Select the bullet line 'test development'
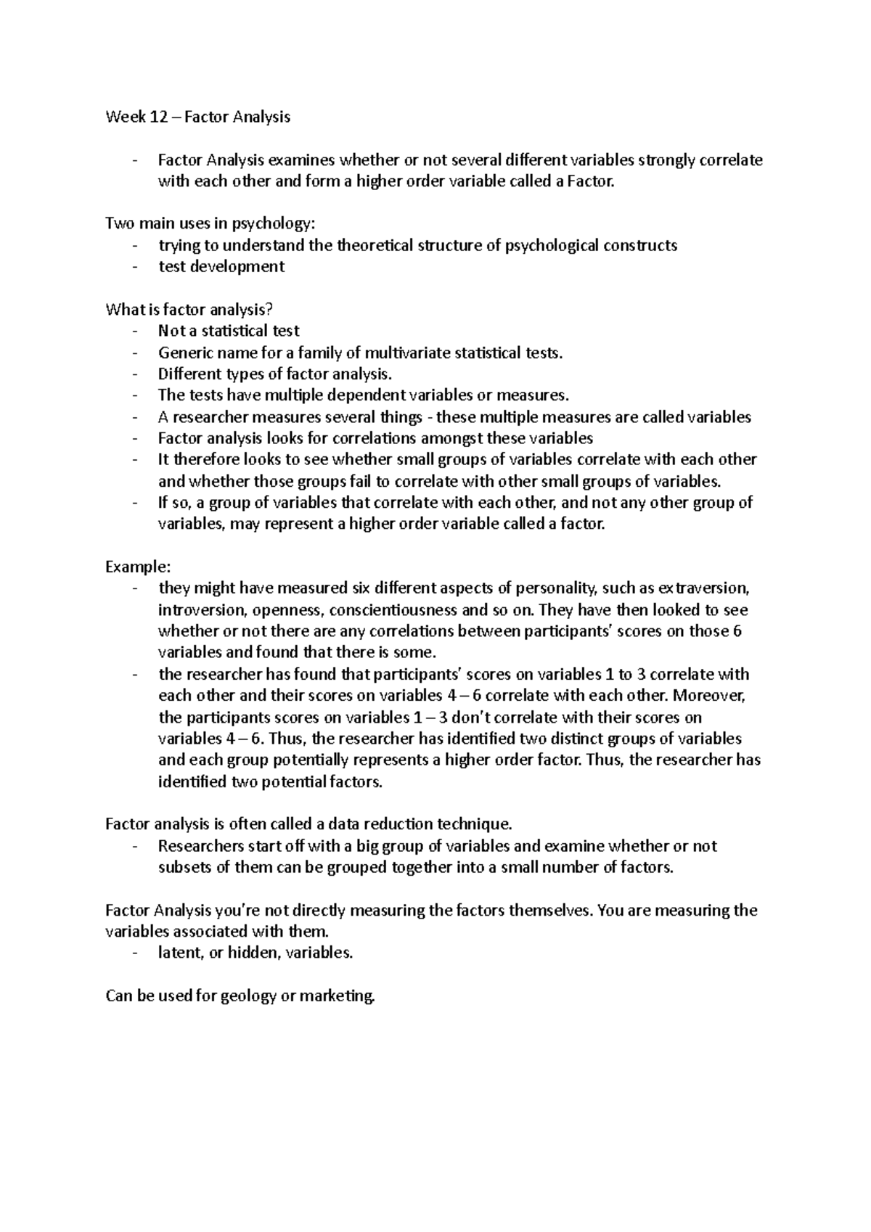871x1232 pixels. click(x=221, y=266)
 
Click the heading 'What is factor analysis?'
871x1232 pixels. click(x=189, y=310)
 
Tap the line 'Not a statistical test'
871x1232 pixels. click(x=229, y=331)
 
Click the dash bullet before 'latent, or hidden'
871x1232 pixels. click(x=135, y=953)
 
